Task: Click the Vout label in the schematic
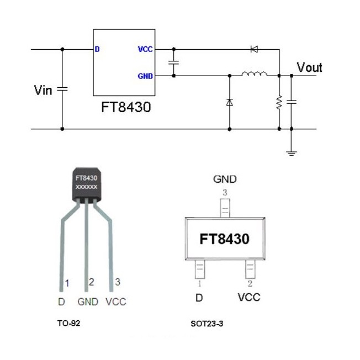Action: [x=310, y=67]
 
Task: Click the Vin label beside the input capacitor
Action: [x=43, y=90]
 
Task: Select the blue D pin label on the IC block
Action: [x=97, y=49]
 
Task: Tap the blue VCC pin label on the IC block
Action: [x=145, y=49]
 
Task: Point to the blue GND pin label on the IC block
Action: [x=145, y=76]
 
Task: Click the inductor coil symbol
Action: [x=254, y=73]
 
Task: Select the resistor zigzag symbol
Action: [x=279, y=102]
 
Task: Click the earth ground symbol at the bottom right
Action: [x=292, y=153]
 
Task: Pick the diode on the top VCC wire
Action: [x=254, y=49]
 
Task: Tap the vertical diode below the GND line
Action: [x=229, y=102]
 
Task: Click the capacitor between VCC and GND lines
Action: [x=173, y=62]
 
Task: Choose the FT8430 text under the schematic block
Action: [x=126, y=107]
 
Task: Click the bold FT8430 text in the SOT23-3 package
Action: [x=224, y=239]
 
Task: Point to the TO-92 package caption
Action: [x=68, y=323]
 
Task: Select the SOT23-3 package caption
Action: [x=207, y=324]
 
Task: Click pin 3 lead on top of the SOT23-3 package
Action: [x=225, y=208]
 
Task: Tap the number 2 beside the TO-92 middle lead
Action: [x=91, y=282]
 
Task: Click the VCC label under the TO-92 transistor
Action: [x=116, y=301]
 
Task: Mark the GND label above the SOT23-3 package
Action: [x=225, y=179]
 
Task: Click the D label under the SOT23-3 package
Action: [x=199, y=298]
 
